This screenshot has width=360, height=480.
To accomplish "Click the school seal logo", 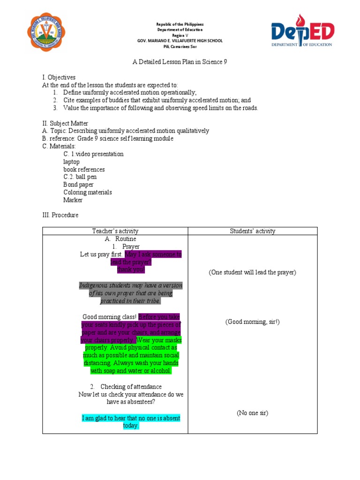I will coord(46,32).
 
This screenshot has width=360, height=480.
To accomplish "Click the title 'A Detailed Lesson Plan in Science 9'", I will coord(180,62).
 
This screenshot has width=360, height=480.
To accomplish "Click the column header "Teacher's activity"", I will coord(115,231).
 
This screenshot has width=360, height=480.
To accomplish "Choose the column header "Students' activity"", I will coord(253,231).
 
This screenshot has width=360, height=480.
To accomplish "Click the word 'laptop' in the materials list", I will coord(72,162).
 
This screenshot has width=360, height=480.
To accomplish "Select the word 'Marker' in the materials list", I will coord(73,200).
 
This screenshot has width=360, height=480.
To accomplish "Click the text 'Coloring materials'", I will coord(88,192).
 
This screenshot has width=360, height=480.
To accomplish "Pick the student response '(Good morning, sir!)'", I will coord(252,322).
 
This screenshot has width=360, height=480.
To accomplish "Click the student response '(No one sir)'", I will coord(252,413).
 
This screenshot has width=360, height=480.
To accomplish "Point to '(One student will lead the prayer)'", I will coord(252,272).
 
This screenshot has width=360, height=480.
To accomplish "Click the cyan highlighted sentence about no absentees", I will coord(131,422).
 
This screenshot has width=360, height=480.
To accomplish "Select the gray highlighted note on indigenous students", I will coord(131,293).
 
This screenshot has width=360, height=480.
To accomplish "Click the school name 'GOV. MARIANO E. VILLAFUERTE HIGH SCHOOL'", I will coord(180,41).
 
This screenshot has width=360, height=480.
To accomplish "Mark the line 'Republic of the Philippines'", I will coord(180,24).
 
